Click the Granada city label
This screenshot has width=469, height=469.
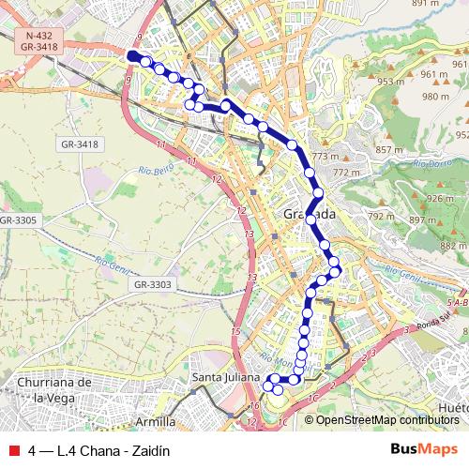coord(309,215)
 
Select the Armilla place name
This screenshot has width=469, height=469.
coord(156,421)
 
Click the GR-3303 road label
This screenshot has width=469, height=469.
coord(154,284)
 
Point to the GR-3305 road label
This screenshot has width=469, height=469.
coord(19,219)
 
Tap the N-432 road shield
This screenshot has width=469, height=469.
coord(39,34)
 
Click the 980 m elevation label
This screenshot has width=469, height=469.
coord(436,97)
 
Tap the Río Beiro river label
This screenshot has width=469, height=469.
coord(158,171)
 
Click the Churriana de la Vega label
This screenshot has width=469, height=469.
coord(53,389)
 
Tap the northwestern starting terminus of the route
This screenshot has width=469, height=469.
coord(131,56)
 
